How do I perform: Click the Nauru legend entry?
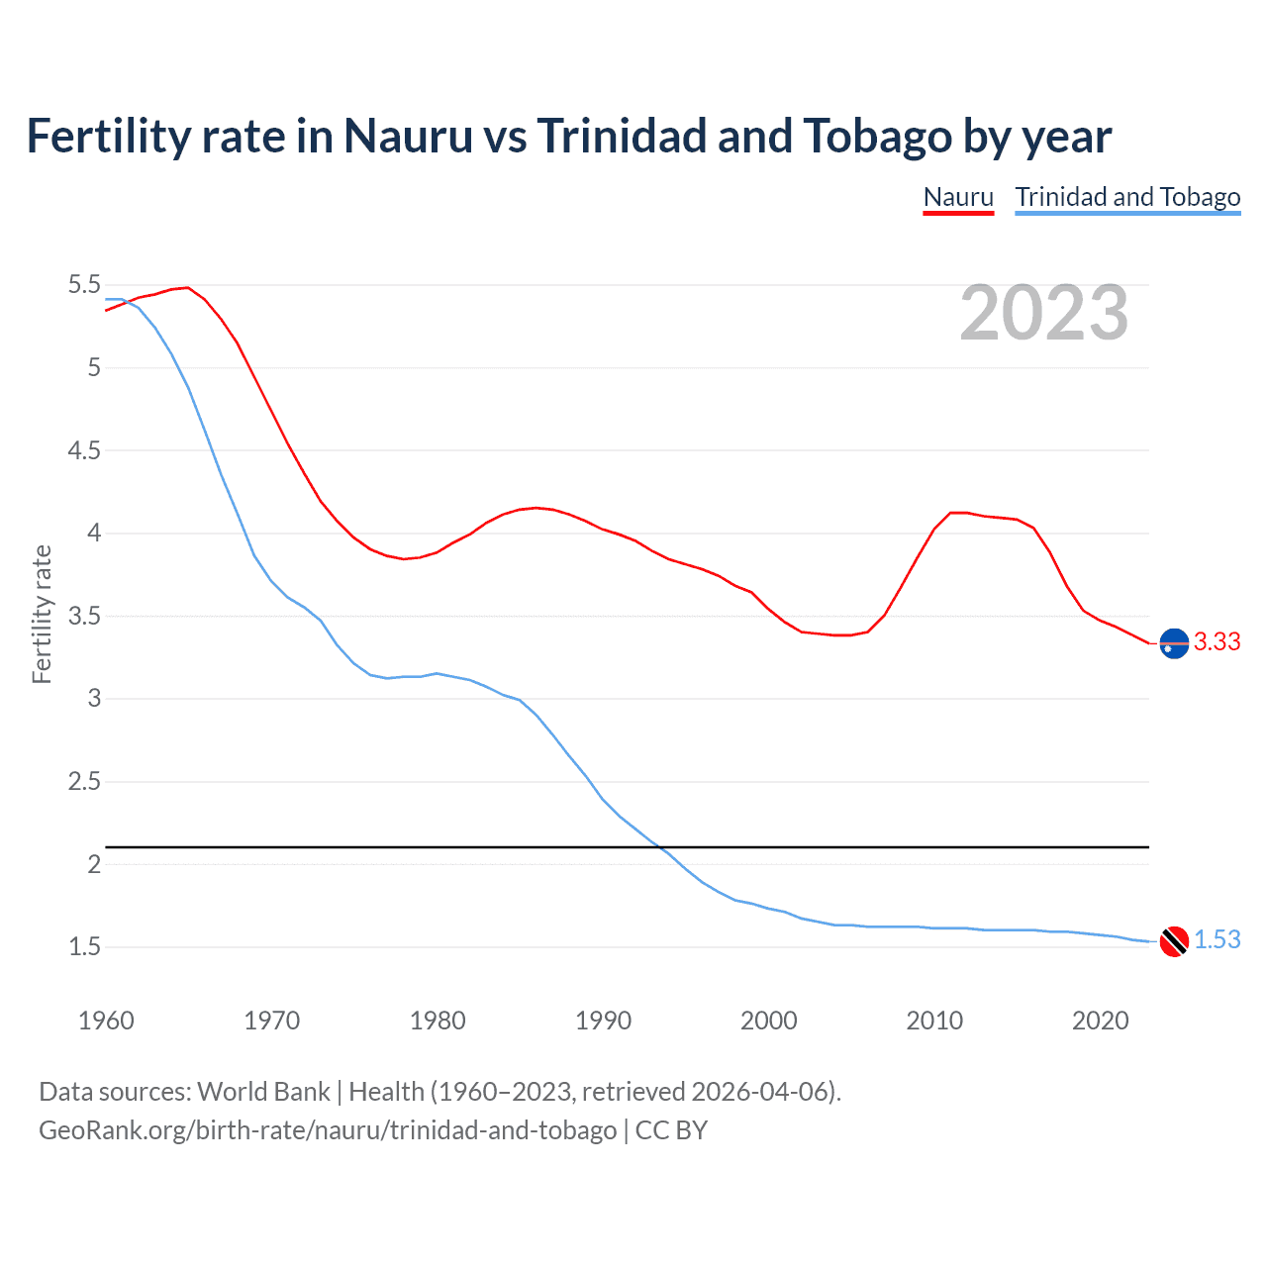(957, 197)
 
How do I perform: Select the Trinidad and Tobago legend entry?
(1127, 197)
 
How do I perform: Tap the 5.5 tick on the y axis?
(84, 285)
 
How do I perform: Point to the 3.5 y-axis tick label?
(84, 616)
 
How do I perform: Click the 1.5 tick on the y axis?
(84, 946)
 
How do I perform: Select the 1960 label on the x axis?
(106, 1021)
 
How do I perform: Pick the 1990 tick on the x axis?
(603, 1021)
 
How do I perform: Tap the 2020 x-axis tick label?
(1100, 1021)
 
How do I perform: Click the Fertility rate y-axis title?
(42, 614)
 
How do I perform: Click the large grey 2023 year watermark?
(1043, 313)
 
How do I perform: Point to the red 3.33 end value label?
(1217, 641)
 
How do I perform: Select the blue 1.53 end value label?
(1217, 939)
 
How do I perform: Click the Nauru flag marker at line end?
(1174, 643)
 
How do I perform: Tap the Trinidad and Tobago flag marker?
(1174, 941)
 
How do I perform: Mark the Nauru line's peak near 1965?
(187, 287)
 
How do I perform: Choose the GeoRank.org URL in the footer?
(327, 1129)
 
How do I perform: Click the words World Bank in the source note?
(263, 1091)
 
